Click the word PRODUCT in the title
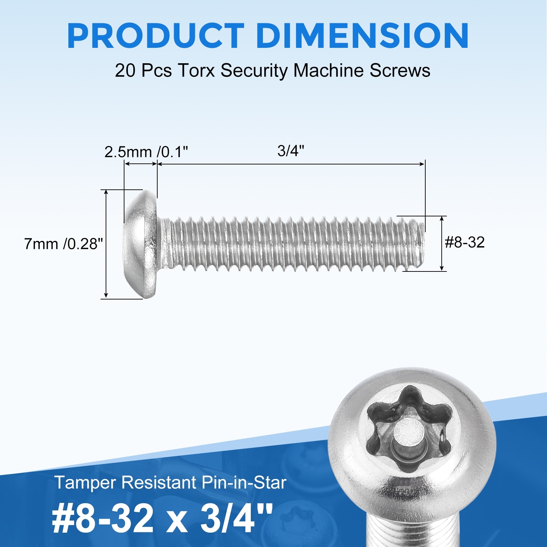tap(156, 36)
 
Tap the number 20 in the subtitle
tap(126, 71)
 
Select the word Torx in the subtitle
tap(196, 71)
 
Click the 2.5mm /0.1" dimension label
tap(146, 152)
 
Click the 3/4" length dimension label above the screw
tap(291, 151)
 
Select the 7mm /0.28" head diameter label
tap(64, 244)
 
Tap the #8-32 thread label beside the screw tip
tap(465, 242)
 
